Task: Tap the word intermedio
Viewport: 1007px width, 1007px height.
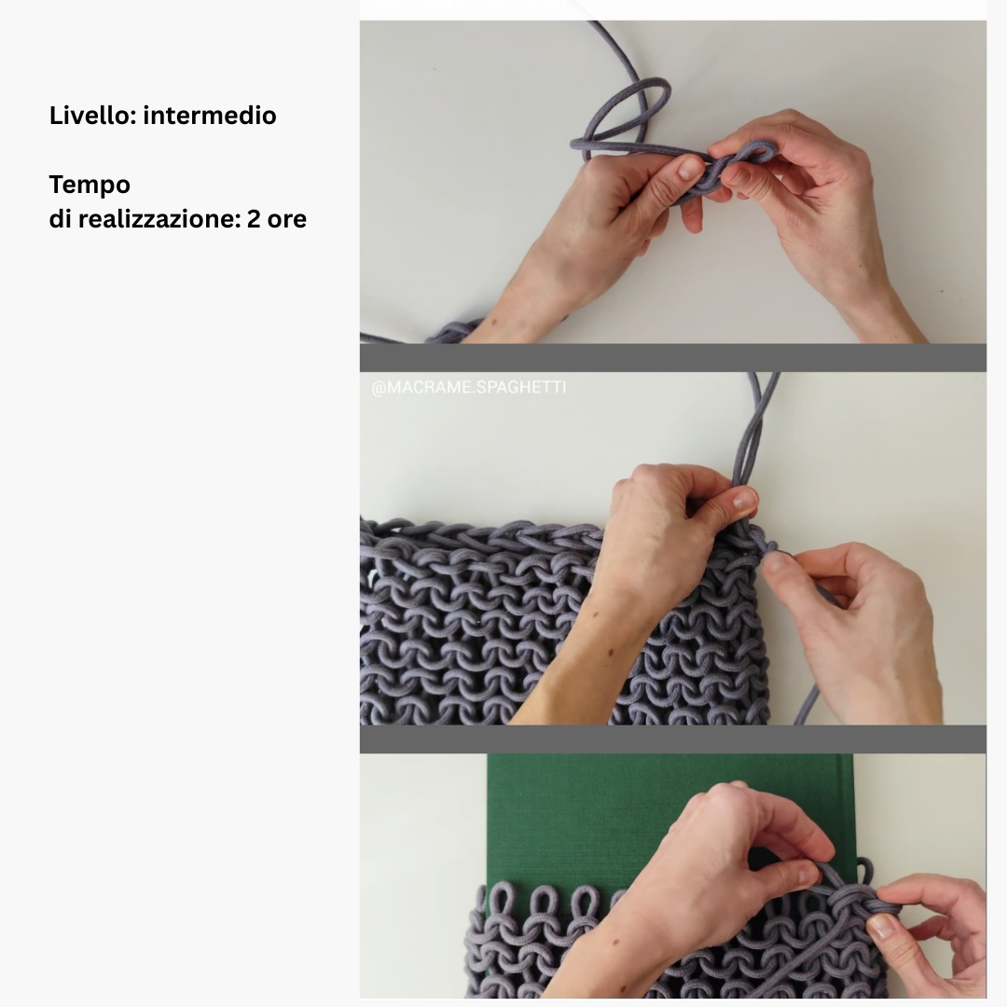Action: click(210, 116)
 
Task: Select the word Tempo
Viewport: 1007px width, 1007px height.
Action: click(90, 186)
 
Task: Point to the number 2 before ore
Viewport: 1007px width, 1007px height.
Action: click(254, 220)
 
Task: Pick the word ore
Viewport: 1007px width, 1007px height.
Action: click(287, 220)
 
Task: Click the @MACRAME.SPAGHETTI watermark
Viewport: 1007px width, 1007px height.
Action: click(469, 387)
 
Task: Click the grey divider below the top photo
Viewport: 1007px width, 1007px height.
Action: click(672, 358)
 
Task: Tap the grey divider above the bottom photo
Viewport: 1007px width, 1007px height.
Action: click(672, 739)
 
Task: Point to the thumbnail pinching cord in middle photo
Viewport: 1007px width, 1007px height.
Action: click(745, 499)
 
